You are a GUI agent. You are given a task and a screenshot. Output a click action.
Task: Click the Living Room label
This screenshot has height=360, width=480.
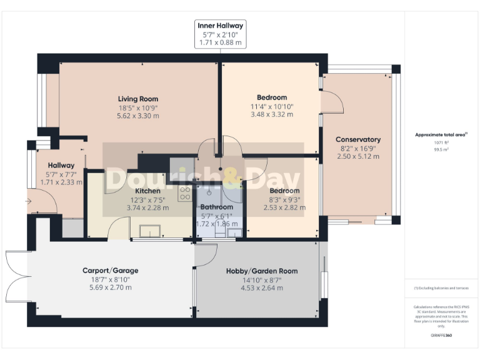[138, 99]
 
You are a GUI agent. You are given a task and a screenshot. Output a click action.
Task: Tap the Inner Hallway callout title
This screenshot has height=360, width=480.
[220, 26]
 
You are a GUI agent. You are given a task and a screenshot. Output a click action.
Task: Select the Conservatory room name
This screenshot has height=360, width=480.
[358, 139]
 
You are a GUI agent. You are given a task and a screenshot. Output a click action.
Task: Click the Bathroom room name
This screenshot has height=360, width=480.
[216, 207]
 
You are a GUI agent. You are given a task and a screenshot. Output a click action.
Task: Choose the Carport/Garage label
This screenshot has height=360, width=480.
[110, 271]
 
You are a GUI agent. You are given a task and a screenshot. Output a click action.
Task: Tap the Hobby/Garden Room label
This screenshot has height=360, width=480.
[261, 271]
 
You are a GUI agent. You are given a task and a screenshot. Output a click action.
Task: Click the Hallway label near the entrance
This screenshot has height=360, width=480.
[56, 166]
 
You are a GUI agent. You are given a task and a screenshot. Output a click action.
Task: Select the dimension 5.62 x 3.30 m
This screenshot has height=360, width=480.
[138, 116]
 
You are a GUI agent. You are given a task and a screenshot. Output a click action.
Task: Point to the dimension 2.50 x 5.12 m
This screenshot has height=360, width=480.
[358, 156]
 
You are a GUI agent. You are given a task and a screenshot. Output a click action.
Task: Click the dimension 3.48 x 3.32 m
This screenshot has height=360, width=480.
[271, 114]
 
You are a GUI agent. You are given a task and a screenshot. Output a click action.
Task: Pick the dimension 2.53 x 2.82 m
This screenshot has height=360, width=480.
[284, 207]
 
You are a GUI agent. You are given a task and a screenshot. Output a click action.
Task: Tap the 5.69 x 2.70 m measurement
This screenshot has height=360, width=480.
[110, 287]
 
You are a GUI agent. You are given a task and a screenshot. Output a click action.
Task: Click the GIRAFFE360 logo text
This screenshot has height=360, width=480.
[441, 336]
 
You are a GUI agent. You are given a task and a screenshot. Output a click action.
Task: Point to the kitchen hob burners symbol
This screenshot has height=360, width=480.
[185, 193]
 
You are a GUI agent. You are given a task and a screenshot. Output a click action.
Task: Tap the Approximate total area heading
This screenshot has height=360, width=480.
[441, 135]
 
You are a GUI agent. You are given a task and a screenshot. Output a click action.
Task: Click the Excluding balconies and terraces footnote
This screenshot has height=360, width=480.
[441, 288]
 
